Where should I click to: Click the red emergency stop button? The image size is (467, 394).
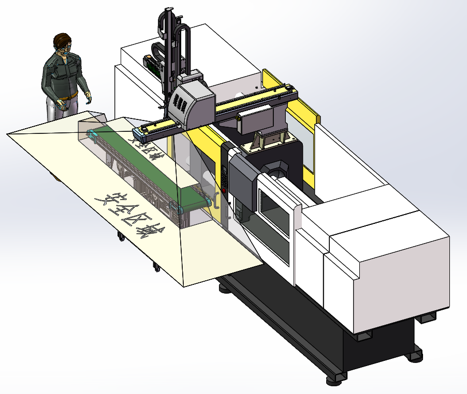[224, 191]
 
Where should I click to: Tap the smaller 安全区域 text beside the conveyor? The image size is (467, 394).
[143, 147]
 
